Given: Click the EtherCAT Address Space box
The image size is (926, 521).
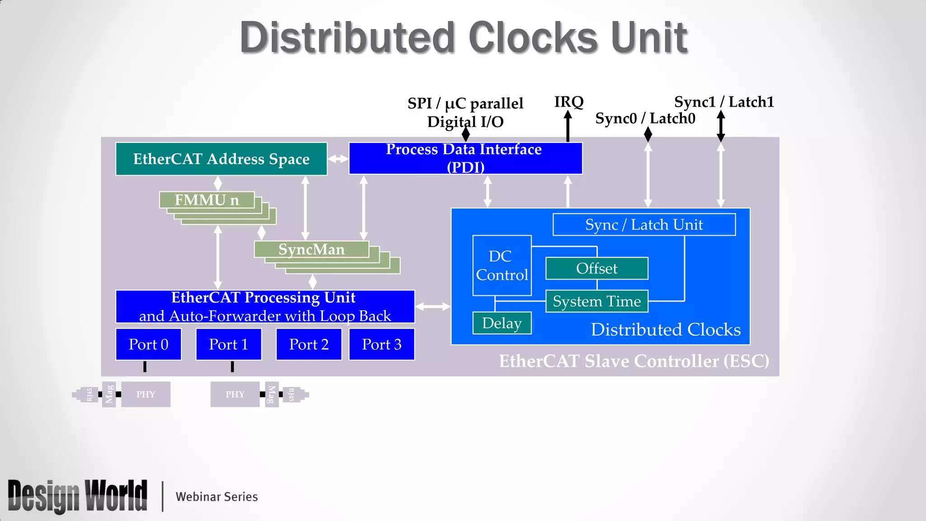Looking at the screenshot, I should coord(221,159).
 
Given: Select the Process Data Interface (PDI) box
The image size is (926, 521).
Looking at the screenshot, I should coord(465,158).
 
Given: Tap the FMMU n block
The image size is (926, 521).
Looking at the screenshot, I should coord(207,200).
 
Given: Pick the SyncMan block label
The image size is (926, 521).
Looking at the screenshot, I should coord(312,249).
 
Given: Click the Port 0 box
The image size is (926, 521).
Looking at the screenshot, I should coord(148,345).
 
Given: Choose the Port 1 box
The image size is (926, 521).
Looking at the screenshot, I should coord(228,345).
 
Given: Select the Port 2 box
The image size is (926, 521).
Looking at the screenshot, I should coord(309,345).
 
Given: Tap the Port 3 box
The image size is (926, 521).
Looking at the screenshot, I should coord(382,345).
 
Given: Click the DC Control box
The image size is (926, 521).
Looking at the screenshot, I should coord(502,265).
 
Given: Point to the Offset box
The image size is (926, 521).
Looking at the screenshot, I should coord(597,269).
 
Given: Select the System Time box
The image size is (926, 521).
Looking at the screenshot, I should coord(597,301).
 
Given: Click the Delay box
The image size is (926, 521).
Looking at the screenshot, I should coord(502,323).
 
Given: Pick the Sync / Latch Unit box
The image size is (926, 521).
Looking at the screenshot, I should coord(644,225).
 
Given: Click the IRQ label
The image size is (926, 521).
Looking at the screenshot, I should coord(569,102).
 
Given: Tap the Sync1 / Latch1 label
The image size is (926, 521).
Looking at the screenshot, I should coord(724,102).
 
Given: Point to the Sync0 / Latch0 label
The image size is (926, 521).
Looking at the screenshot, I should coord(645,118).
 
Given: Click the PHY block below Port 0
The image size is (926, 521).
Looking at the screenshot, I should coord(146,394).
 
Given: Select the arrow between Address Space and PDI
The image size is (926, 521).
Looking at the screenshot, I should coord(338,159).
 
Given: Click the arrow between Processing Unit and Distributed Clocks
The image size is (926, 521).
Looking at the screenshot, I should coord(433,307).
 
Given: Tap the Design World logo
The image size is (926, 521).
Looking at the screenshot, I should coord(78,496).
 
